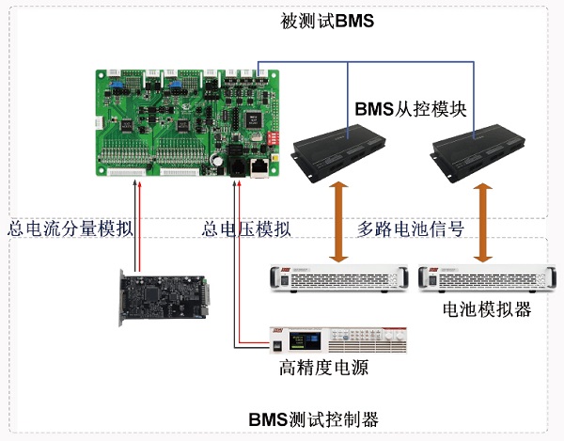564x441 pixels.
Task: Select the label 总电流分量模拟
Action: [x=70, y=228]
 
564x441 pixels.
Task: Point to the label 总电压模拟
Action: [x=246, y=228]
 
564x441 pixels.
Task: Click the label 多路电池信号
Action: [x=412, y=228]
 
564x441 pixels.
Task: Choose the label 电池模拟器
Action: [x=486, y=308]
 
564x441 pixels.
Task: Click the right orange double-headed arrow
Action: [x=485, y=222]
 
